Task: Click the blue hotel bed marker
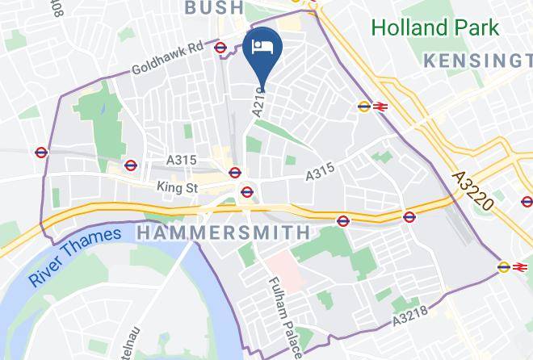click(x=262, y=47)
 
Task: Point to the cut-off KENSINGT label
click(x=477, y=61)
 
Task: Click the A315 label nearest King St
click(x=181, y=161)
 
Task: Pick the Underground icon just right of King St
click(x=247, y=192)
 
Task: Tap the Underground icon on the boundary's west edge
click(x=42, y=152)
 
